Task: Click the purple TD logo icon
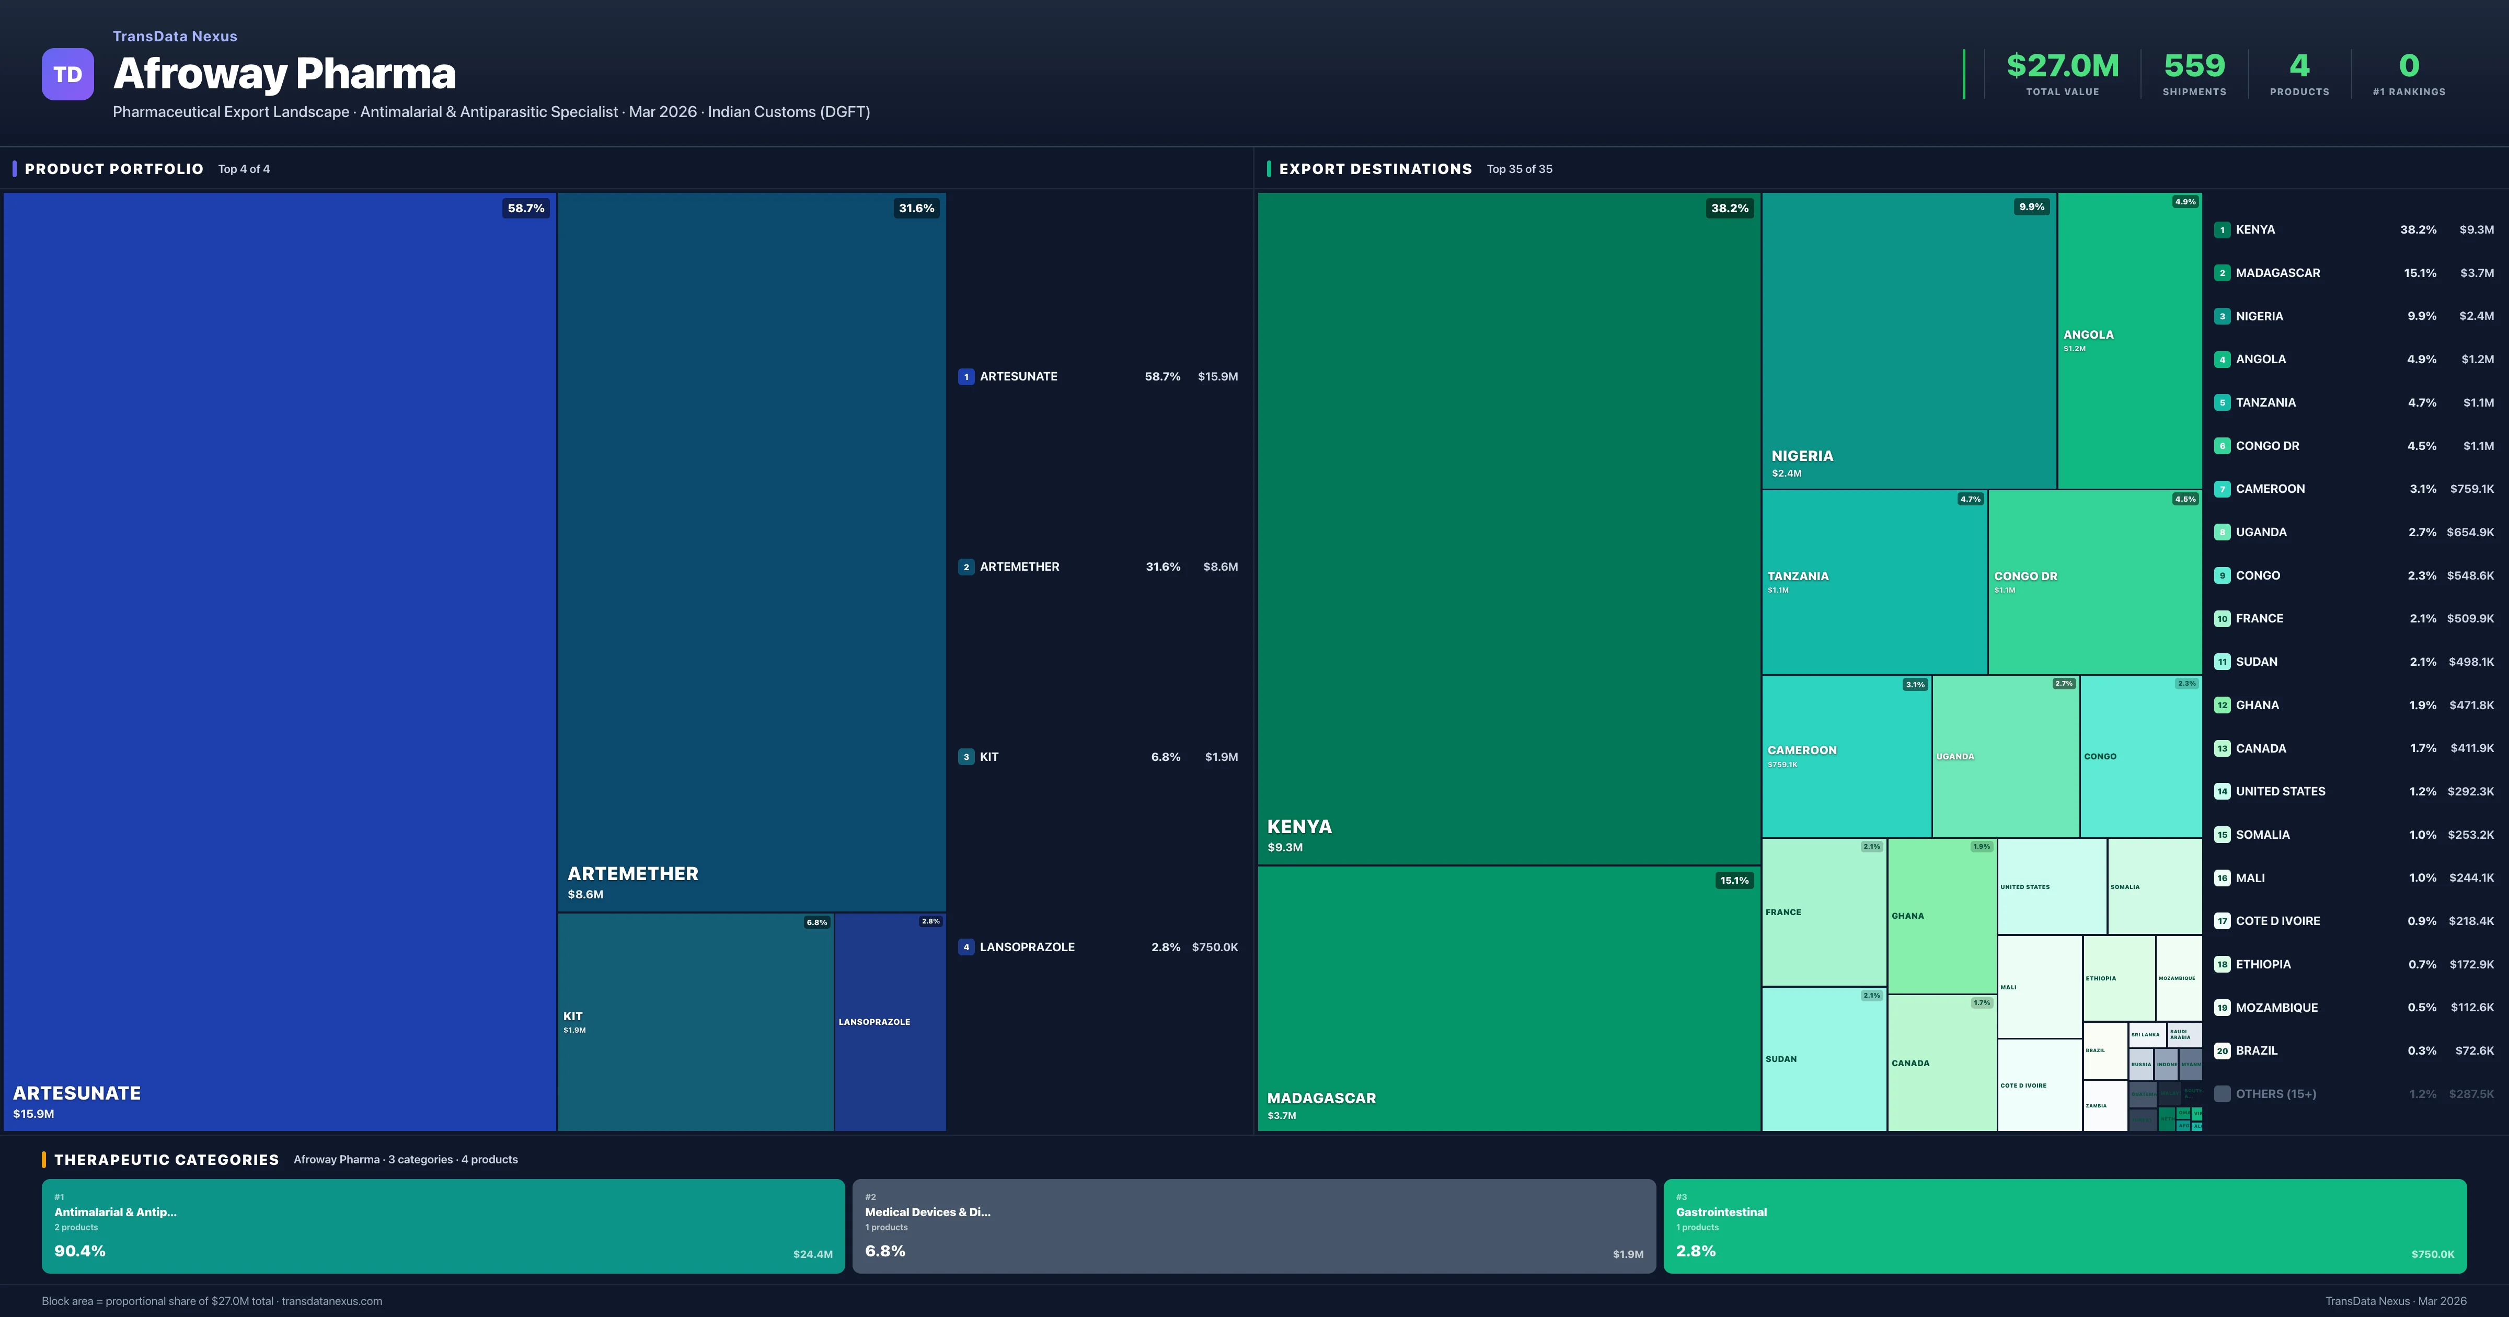pyautogui.click(x=67, y=74)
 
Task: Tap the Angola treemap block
pyautogui.click(x=2129, y=341)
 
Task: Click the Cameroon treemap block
pyautogui.click(x=1846, y=756)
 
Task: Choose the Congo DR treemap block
pyautogui.click(x=2094, y=582)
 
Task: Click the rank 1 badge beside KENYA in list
pyautogui.click(x=2222, y=230)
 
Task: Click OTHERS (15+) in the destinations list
pyautogui.click(x=2275, y=1094)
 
